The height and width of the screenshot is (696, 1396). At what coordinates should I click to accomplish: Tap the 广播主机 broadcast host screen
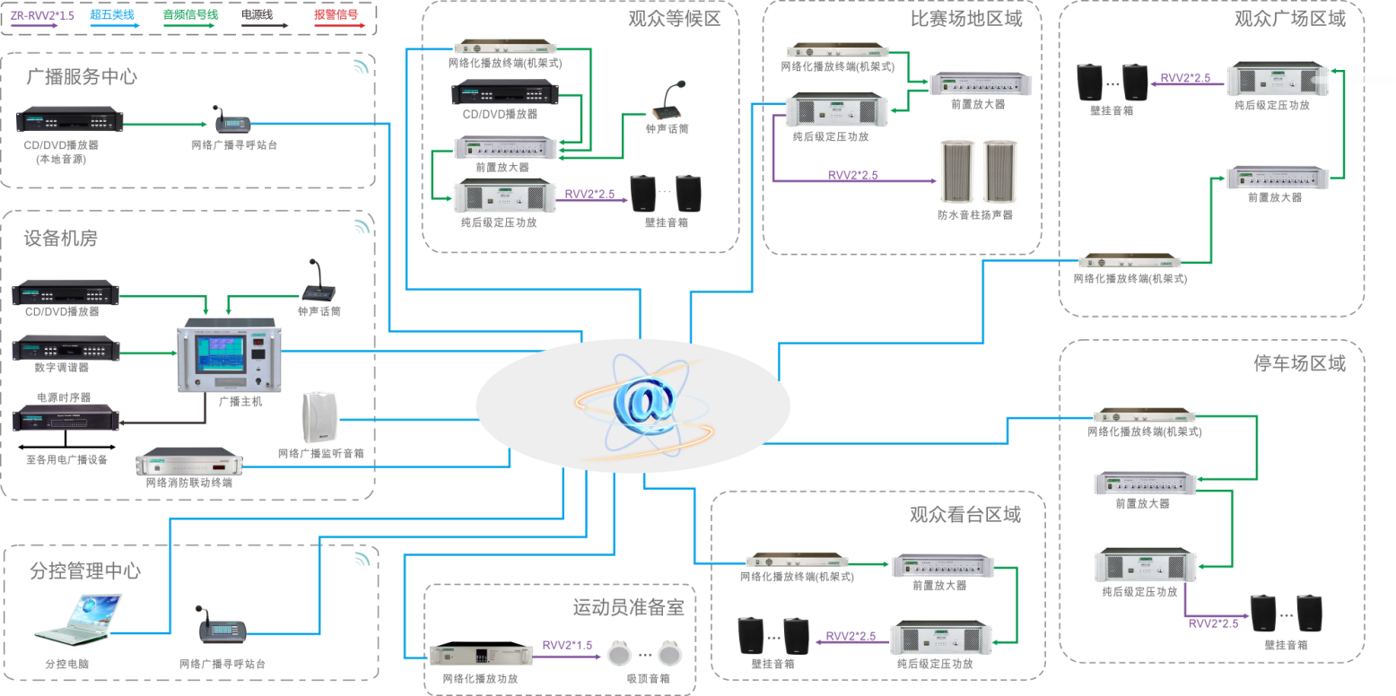221,354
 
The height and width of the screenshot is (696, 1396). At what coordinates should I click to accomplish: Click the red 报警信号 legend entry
336,15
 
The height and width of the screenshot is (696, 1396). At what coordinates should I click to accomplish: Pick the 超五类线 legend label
112,14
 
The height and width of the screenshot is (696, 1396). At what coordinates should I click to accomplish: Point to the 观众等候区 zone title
675,19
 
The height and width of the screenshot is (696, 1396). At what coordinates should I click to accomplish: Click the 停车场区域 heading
1299,363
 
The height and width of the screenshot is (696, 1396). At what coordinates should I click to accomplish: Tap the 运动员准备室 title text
628,607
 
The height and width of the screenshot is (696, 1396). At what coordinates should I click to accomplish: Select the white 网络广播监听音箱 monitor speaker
319,417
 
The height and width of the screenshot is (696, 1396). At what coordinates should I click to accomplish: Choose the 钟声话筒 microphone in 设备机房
318,281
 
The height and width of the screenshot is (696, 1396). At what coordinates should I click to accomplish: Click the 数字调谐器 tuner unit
66,348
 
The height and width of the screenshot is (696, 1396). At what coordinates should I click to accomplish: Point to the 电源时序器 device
65,417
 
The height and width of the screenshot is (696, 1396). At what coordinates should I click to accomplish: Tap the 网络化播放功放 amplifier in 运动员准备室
481,654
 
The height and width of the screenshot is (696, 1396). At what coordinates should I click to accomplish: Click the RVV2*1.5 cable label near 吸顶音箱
567,646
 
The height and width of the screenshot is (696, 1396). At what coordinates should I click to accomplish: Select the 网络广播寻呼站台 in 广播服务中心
231,121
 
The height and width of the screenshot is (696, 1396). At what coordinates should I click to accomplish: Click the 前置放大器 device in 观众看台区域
943,566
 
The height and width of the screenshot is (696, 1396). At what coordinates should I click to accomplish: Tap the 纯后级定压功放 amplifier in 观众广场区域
1278,80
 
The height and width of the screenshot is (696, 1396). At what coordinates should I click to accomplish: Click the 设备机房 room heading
60,238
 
